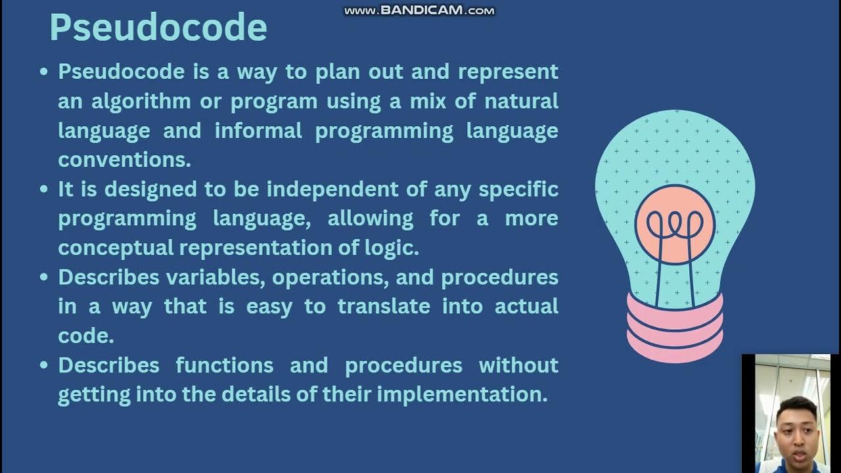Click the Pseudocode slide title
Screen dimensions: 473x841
point(158,28)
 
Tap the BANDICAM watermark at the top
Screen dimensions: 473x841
point(419,11)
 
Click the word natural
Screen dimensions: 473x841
point(521,101)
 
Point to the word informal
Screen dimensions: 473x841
point(258,131)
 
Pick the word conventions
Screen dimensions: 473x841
point(124,160)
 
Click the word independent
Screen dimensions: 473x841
point(346,189)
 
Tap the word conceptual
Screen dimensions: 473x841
point(116,248)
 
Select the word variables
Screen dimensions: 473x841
point(215,277)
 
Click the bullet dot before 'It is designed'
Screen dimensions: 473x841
point(44,190)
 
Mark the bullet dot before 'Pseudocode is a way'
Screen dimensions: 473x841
point(44,72)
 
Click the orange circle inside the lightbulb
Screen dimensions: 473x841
point(674,225)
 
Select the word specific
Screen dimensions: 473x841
point(518,189)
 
